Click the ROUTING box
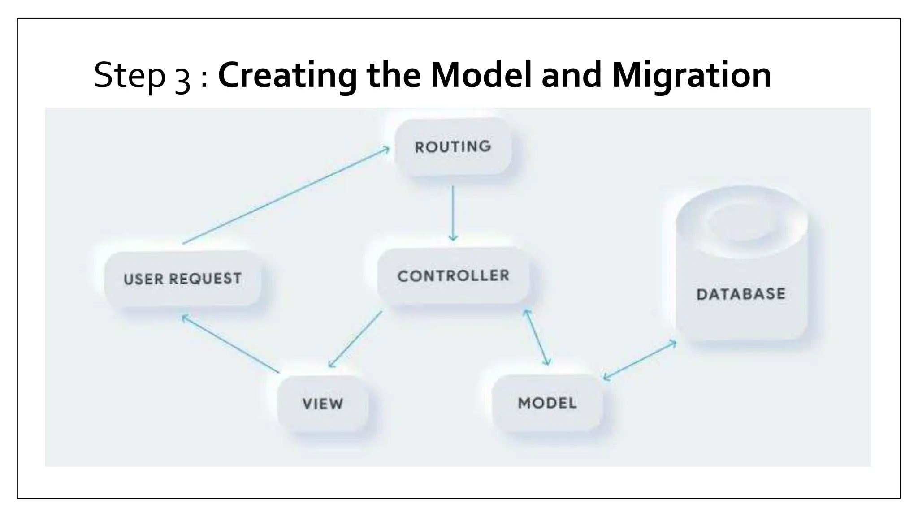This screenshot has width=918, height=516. click(x=453, y=146)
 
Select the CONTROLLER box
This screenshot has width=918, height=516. click(x=453, y=275)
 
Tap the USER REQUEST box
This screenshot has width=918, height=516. click(x=182, y=279)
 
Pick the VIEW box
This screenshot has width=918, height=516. click(x=323, y=403)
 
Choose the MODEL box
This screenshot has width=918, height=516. click(x=547, y=403)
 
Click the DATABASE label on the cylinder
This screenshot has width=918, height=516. click(x=741, y=294)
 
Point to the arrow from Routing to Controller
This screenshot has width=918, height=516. click(x=453, y=213)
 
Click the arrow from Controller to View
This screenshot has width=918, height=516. click(x=355, y=339)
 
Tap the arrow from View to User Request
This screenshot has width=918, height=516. click(x=230, y=344)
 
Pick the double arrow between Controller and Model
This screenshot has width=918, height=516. click(x=537, y=337)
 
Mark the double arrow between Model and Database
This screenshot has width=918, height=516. click(x=640, y=360)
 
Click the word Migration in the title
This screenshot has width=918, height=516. click(x=691, y=75)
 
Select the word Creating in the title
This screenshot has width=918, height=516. click(x=287, y=75)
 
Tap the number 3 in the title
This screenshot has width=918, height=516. click(x=182, y=77)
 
